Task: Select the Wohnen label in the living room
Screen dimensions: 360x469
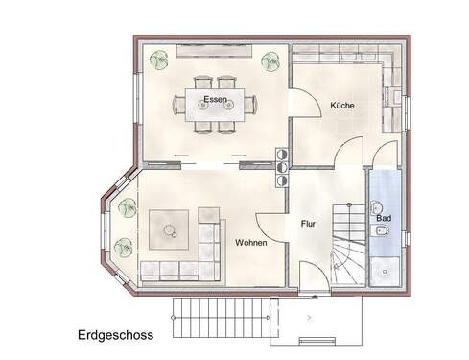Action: pos(250,244)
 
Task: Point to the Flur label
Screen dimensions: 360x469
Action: pos(308,224)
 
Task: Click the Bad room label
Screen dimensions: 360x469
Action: pos(384,218)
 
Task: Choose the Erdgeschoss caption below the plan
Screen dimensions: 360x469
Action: pos(117,336)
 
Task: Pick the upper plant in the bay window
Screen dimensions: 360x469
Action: pos(126,204)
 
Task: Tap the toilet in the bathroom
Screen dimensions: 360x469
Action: pos(375,207)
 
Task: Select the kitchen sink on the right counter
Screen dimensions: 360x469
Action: pos(393,95)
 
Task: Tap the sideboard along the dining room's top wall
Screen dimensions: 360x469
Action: pos(214,51)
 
